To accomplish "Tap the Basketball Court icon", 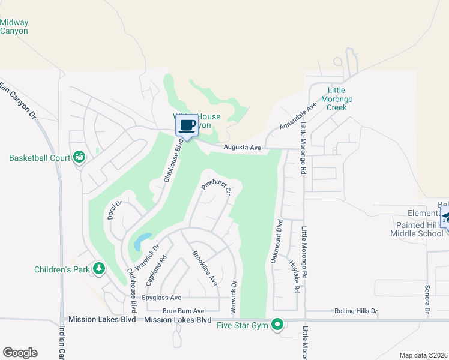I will coord(79,157).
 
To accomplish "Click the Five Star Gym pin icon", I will coord(277,325).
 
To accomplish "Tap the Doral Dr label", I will coord(115,210).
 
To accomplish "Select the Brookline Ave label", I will coord(204,268).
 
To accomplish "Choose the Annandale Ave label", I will coord(298,116).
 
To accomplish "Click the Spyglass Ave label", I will coord(161,298).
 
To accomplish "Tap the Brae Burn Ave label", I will coord(184,311).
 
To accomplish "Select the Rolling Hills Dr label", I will coord(355,311).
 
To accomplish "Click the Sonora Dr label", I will coord(427,300).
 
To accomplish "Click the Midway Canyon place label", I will coord(14,26).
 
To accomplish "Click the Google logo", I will coord(20,353).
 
